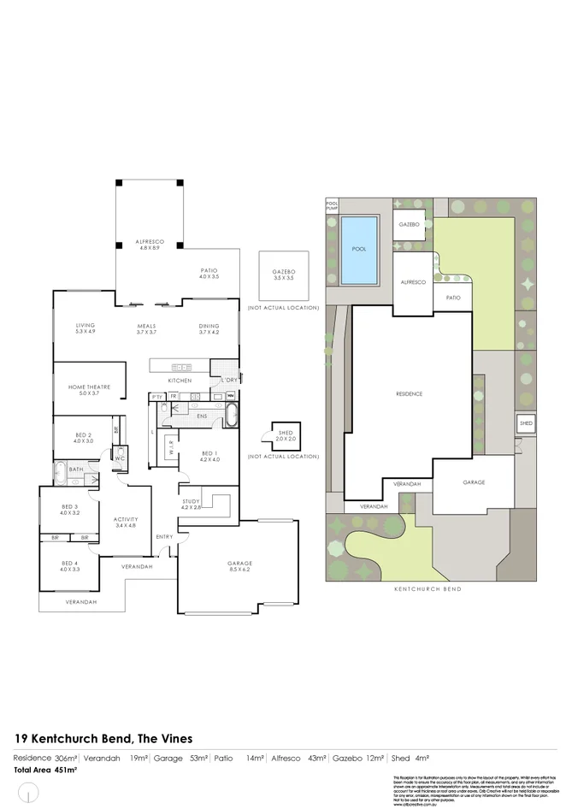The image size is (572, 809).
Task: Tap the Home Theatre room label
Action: click(90, 390)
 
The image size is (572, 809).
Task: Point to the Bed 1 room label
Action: click(210, 457)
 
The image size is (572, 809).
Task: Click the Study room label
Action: click(190, 505)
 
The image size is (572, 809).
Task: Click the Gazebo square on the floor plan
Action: click(283, 275)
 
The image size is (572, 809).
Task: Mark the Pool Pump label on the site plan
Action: click(332, 206)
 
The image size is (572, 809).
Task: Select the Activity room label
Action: click(126, 523)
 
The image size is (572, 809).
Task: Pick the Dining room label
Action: click(209, 328)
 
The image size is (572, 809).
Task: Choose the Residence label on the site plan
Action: click(409, 393)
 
